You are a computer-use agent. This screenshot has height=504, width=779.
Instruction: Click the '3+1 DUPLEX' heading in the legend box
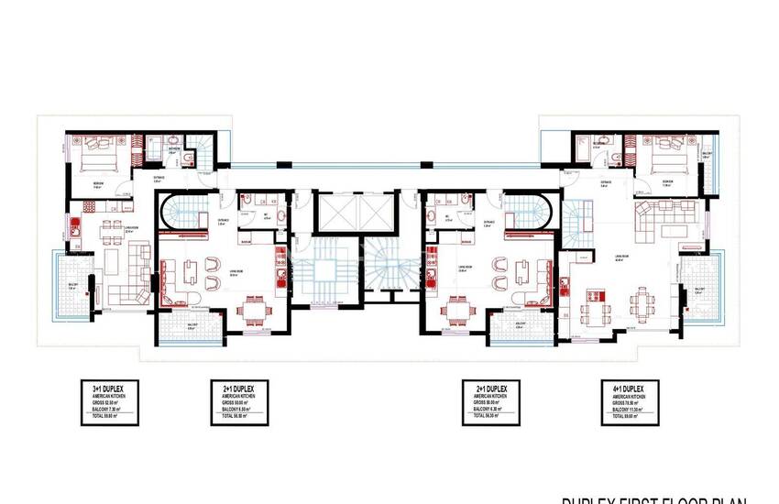[x=109, y=389]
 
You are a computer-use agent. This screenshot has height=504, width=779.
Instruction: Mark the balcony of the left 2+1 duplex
[x=189, y=324]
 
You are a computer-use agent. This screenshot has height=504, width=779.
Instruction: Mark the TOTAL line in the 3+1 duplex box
[x=109, y=419]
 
